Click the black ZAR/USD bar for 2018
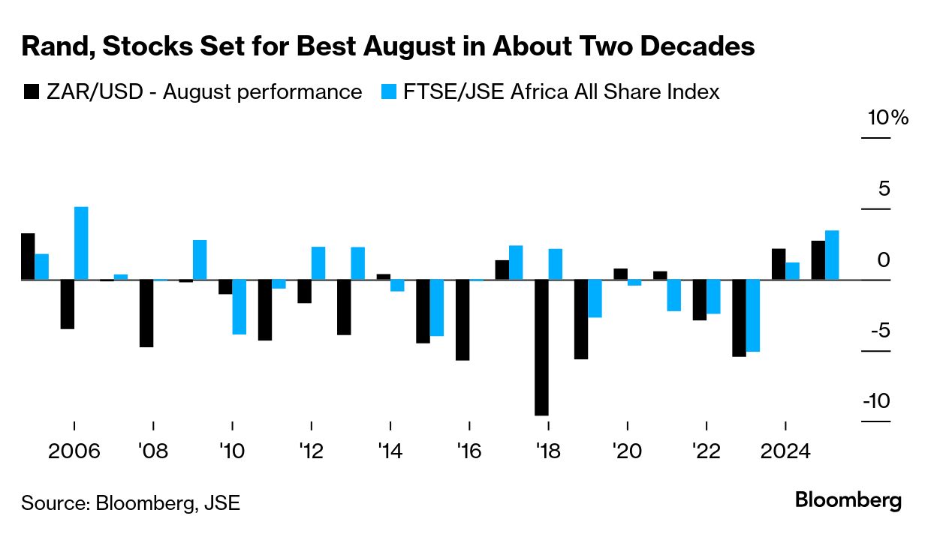[x=541, y=347]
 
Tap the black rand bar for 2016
[x=462, y=319]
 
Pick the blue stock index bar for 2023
[x=753, y=316]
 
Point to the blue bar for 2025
[x=832, y=255]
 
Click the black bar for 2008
[x=146, y=313]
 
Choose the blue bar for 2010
[x=239, y=307]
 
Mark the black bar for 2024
[x=779, y=264]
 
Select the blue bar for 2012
[x=318, y=263]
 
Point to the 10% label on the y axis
[x=888, y=118]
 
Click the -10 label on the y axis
[x=876, y=401]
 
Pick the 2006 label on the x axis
[x=74, y=452]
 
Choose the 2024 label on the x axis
[x=785, y=452]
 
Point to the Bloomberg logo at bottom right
[x=848, y=500]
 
